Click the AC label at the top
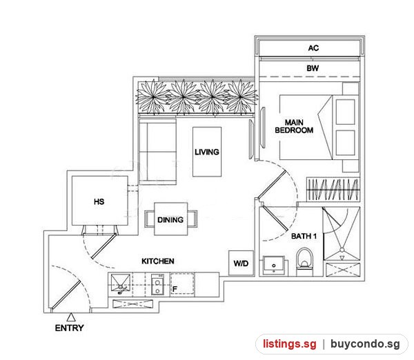pos(313,48)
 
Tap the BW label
pos(313,68)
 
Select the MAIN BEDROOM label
pos(294,126)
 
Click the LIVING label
pos(207,152)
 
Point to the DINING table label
pos(170,220)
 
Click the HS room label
pos(99,202)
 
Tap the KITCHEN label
pos(158,261)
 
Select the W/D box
pos(241,263)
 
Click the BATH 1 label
pos(304,237)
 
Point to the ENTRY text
pos(70,328)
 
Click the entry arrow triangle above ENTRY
pos(71,317)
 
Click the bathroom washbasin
pos(274,266)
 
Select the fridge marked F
pos(182,284)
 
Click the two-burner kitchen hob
pos(157,285)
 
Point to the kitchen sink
pos(121,284)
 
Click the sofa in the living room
pos(157,152)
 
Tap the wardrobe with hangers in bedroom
pos(333,189)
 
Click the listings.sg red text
pos(289,344)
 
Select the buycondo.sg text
pos(365,344)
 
